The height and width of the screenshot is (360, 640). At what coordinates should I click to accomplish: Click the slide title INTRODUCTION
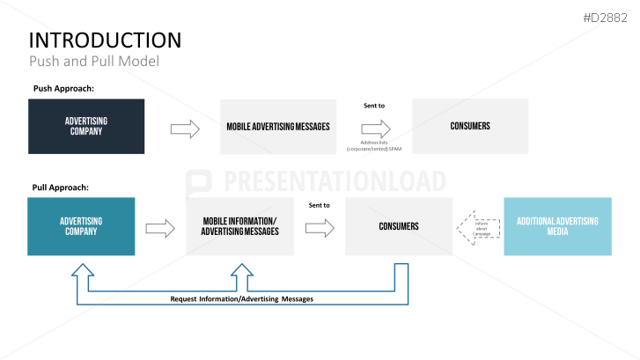106,40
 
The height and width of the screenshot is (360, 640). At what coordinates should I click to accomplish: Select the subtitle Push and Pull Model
93,62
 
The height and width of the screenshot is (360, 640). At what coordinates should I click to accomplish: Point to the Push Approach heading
63,88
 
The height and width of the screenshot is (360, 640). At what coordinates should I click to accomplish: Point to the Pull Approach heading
60,187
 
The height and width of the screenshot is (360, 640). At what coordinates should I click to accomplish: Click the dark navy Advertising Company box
86,126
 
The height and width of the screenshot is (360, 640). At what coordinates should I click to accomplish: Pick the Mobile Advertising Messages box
278,127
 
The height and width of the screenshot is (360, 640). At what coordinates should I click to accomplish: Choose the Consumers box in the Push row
469,126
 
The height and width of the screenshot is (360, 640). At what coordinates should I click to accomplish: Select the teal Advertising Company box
81,226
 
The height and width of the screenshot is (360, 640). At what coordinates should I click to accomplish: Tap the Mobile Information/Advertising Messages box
239,226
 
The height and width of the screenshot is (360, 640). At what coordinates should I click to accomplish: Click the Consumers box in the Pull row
399,226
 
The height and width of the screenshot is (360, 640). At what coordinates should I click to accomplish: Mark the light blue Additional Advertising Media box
556,226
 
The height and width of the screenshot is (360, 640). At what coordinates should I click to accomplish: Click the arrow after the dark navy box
184,129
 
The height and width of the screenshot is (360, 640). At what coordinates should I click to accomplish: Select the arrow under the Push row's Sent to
375,129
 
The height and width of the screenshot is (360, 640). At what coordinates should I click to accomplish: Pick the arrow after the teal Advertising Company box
159,228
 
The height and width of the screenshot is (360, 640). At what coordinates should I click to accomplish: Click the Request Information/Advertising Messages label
242,298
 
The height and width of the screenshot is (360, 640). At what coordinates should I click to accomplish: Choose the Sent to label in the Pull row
319,205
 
